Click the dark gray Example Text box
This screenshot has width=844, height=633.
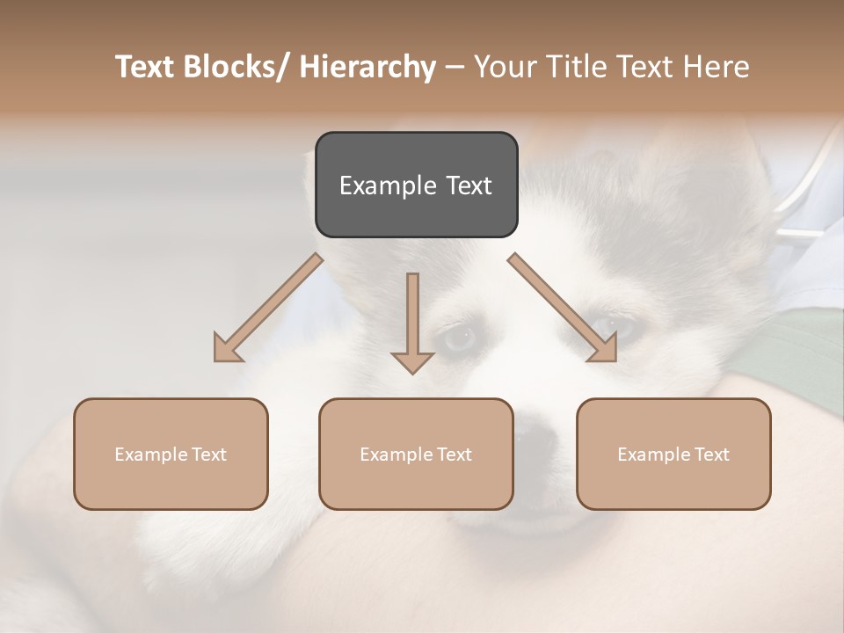point(416,185)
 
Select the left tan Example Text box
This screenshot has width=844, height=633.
point(171,454)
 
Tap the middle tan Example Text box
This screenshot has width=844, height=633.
point(416,454)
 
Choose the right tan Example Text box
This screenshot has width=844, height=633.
point(673,454)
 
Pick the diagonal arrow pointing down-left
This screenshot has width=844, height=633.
point(268,308)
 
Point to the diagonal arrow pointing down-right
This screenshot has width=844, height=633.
point(563,308)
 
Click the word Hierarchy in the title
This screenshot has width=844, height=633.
point(367,67)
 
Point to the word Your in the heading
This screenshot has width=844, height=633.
point(505,67)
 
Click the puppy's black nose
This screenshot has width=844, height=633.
point(534,432)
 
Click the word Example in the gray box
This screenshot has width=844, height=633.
point(380,186)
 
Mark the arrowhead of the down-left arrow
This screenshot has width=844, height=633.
point(228,348)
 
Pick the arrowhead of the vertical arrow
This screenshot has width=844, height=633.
point(412,361)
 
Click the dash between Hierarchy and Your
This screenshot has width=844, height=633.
point(455,67)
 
